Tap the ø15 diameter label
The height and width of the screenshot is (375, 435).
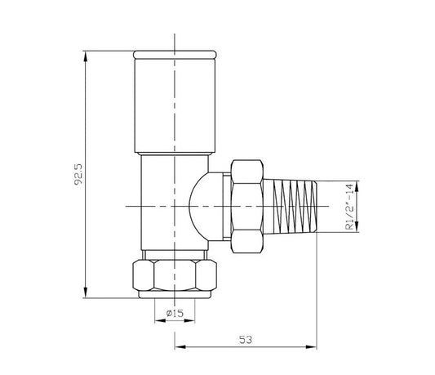(x=174, y=314)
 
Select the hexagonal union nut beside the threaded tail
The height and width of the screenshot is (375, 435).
(x=246, y=207)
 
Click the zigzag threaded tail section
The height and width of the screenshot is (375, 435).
(x=294, y=207)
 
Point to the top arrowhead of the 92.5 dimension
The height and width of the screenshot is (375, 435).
(x=85, y=56)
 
